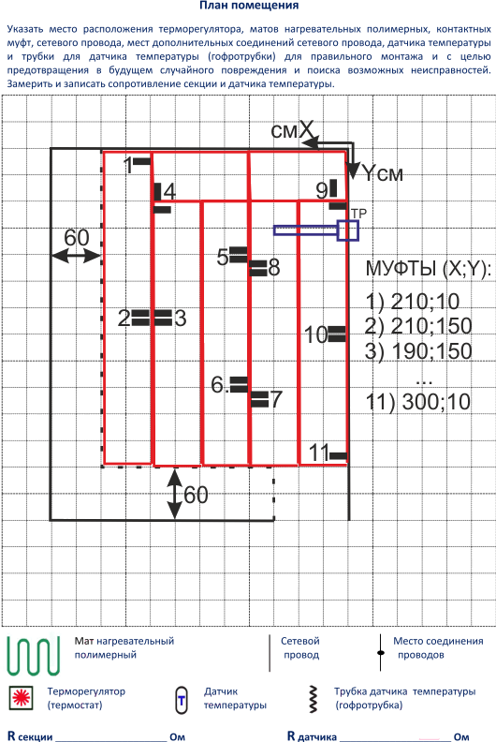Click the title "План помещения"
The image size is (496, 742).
point(249,6)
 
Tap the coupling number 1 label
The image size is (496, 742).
point(128,166)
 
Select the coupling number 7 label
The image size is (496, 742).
point(276,399)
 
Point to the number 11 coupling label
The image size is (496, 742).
point(319,453)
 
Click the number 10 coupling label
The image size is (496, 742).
point(316,334)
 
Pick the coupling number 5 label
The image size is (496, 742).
point(223,257)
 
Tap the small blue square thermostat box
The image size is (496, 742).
point(348,230)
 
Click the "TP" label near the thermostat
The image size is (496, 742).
point(359,214)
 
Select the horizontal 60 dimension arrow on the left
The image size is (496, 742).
point(76,256)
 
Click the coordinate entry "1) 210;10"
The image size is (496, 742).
point(413,302)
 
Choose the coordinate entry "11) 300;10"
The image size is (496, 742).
point(418,402)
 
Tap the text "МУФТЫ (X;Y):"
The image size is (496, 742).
point(429,269)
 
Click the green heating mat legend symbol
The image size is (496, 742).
point(34,656)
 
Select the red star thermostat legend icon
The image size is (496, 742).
point(21,698)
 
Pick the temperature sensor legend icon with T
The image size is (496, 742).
point(182,700)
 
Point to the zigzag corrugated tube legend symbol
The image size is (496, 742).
point(313,699)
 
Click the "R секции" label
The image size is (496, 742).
point(30,735)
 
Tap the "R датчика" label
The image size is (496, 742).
point(312,735)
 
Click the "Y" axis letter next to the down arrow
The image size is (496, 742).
point(369,173)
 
